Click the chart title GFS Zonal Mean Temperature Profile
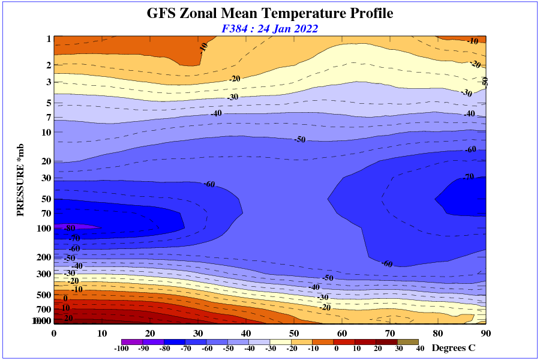pyautogui.click(x=270, y=13)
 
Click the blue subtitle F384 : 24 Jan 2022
pyautogui.click(x=270, y=28)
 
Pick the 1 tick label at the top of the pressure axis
pyautogui.click(x=48, y=39)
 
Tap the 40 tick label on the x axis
pyautogui.click(x=246, y=333)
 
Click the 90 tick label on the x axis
pyautogui.click(x=485, y=333)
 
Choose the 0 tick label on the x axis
pyautogui.click(x=54, y=333)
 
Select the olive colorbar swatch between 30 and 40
pyautogui.click(x=409, y=341)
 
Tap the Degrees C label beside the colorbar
pyautogui.click(x=454, y=348)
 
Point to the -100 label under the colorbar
pyautogui.click(x=121, y=349)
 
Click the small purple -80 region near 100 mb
pyautogui.click(x=84, y=226)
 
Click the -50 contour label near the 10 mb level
pyautogui.click(x=299, y=139)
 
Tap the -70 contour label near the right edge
pyautogui.click(x=468, y=177)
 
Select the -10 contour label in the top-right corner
pyautogui.click(x=472, y=41)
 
